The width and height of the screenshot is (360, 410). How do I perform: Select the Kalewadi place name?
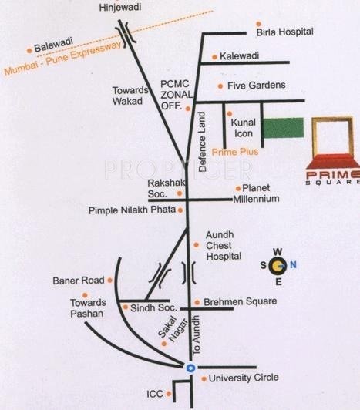pyautogui.click(x=241, y=57)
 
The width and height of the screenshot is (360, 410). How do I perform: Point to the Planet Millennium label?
pyautogui.click(x=259, y=193)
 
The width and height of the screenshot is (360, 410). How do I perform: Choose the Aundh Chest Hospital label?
pyautogui.click(x=224, y=244)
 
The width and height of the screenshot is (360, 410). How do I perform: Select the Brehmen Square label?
pyautogui.click(x=240, y=303)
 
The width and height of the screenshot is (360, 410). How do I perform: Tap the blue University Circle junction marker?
pyautogui.click(x=190, y=367)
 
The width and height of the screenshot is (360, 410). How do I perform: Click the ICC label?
pyautogui.click(x=155, y=394)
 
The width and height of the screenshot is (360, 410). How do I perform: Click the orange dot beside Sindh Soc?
pyautogui.click(x=126, y=307)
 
